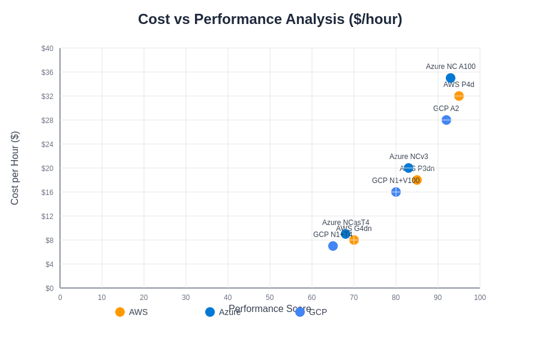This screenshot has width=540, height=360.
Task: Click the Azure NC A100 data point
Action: pos(451,78)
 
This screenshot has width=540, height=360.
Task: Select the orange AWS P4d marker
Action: pos(459,96)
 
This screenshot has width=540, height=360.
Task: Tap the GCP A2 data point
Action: pos(446,120)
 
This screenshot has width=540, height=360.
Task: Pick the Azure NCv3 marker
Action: pos(409,168)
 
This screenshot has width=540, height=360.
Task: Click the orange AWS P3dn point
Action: pos(417,180)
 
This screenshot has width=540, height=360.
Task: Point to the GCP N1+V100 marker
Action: pos(396,192)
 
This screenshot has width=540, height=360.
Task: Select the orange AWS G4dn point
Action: pos(354,240)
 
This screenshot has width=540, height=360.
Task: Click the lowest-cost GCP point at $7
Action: pos(333,246)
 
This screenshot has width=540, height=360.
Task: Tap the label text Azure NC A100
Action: pos(451,67)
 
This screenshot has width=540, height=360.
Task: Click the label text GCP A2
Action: pos(446,109)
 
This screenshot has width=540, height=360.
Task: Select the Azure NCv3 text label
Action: pos(409,157)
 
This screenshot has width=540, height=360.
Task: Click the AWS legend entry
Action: pos(132,312)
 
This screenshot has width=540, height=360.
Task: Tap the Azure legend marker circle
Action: pos(210,312)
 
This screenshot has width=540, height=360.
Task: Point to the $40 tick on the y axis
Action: pos(47,49)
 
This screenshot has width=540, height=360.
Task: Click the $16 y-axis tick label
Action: pos(47,193)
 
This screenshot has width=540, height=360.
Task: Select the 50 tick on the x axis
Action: pos(270,298)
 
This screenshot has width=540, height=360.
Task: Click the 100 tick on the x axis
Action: pos(480,298)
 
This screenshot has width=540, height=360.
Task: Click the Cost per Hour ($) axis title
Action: pos(15,168)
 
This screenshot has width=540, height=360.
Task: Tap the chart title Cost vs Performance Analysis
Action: pos(270,19)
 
